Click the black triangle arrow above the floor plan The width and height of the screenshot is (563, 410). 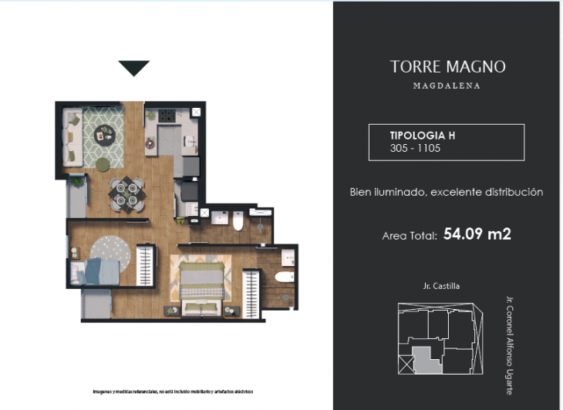[x=133, y=69]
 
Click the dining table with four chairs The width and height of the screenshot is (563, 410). [x=126, y=193]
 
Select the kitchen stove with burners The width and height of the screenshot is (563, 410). [x=167, y=118]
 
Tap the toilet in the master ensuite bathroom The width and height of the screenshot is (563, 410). [x=285, y=277]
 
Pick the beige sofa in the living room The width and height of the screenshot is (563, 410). [x=72, y=137]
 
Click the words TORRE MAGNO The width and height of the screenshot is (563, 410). [x=447, y=67]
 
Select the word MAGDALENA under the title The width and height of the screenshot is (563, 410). [x=447, y=86]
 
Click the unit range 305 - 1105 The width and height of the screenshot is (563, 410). [x=415, y=148]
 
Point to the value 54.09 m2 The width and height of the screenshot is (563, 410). [x=477, y=234]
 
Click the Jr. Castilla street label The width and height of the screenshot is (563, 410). [x=440, y=286]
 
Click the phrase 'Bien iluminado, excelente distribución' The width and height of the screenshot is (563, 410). [x=447, y=192]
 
